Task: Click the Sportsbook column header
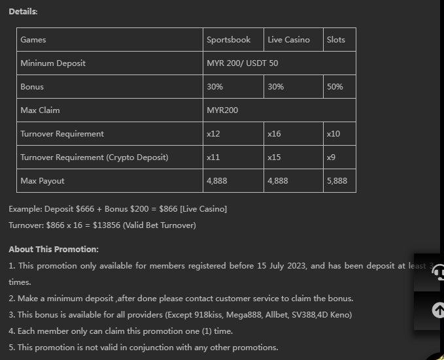tap(228, 40)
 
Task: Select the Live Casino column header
tap(288, 40)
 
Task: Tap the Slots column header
tap(335, 40)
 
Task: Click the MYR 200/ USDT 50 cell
tap(242, 63)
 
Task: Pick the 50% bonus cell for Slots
tap(335, 87)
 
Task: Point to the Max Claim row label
tap(40, 110)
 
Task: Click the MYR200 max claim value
tap(222, 110)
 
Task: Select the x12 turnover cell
tap(213, 134)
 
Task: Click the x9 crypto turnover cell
tap(332, 157)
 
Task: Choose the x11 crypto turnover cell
tap(213, 157)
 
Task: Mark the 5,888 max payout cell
tap(337, 181)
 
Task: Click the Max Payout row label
tap(43, 181)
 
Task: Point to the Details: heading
tap(23, 12)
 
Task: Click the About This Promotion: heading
tap(54, 250)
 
